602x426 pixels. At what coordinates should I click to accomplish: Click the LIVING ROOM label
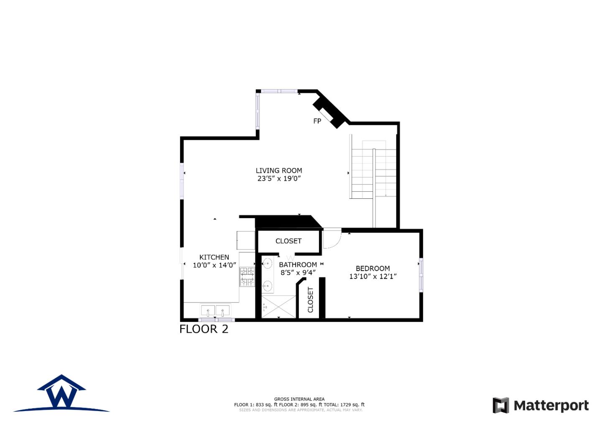tap(279, 170)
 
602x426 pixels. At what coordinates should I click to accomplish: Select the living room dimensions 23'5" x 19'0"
tap(279, 179)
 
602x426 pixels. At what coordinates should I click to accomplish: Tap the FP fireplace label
tap(317, 121)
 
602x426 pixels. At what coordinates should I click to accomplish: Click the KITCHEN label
tap(214, 257)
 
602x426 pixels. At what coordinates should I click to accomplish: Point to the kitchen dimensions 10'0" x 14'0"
tap(214, 265)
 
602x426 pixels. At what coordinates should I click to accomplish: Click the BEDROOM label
tap(372, 268)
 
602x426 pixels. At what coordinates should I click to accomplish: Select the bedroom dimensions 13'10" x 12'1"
tap(372, 276)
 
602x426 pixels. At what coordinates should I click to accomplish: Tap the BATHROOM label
tap(298, 264)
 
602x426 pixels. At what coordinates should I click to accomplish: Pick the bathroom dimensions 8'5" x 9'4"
tap(298, 272)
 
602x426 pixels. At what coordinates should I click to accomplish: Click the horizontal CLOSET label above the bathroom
tap(288, 241)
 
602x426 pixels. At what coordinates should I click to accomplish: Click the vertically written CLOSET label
tap(310, 300)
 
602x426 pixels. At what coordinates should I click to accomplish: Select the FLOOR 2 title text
tap(204, 329)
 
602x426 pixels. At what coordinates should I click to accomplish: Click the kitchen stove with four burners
tap(247, 277)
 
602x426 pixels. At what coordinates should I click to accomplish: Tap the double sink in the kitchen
tap(216, 311)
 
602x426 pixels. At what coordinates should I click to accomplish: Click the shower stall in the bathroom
tap(278, 307)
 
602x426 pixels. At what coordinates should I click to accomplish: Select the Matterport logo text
tap(551, 405)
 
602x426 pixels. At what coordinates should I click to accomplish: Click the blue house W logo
tap(62, 393)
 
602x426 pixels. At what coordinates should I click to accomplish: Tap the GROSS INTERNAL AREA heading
tap(299, 399)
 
